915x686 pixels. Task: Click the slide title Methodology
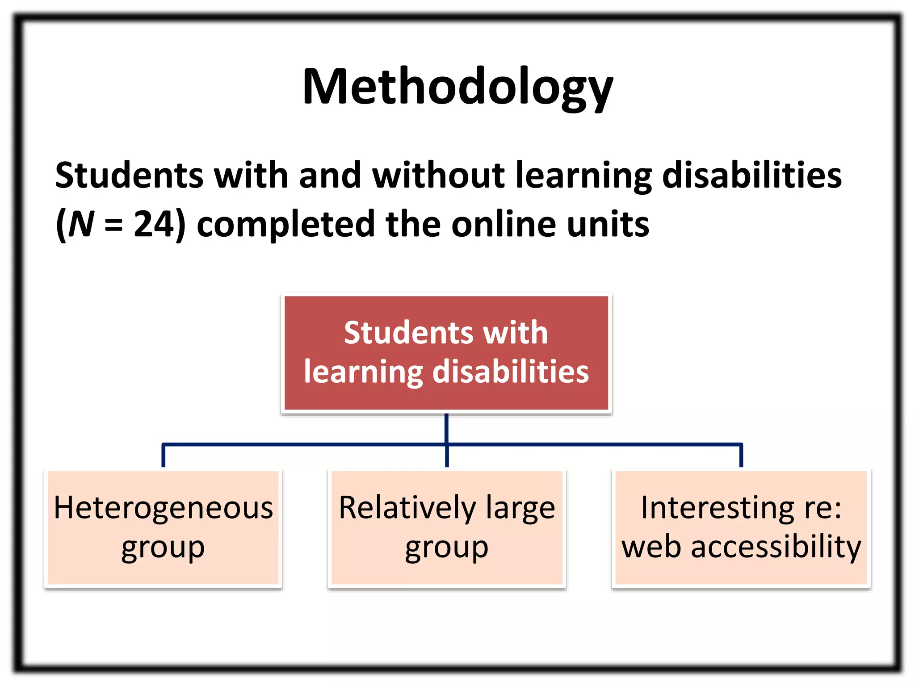[457, 87]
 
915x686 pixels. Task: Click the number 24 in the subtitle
[153, 224]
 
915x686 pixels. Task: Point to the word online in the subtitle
[504, 224]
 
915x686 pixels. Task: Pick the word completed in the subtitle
[285, 224]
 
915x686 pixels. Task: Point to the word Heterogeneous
[163, 508]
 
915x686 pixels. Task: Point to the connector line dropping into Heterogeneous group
[164, 456]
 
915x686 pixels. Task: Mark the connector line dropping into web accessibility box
[741, 456]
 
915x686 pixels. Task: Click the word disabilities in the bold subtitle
[751, 175]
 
